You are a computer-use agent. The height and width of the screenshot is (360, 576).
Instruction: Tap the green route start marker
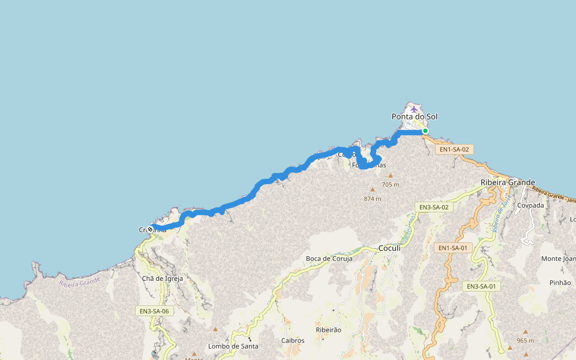coord(425,131)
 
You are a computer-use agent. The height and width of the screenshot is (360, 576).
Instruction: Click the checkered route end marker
coord(150,229)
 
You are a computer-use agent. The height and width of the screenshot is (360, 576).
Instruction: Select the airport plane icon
coord(414,109)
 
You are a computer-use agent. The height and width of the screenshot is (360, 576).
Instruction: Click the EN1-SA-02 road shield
coord(454,149)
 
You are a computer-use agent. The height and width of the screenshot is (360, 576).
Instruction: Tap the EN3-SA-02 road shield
coord(433,207)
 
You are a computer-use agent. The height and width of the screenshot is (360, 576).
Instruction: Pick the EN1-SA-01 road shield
coord(452,248)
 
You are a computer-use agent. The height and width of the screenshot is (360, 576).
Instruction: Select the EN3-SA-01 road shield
coord(482,286)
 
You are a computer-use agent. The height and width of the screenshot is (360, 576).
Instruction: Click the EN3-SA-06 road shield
coord(154,311)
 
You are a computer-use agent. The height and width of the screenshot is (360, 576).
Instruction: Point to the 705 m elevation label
coord(390,185)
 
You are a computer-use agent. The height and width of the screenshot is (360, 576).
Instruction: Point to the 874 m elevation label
coord(372,199)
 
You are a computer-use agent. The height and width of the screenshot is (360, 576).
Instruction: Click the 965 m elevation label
coord(525,341)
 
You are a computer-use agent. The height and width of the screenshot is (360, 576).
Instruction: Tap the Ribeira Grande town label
coord(508,182)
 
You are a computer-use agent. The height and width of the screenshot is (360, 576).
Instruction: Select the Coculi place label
coord(389,248)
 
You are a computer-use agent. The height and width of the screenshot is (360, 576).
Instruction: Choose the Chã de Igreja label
coord(162,278)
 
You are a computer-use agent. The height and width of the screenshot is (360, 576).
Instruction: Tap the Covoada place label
coord(530,205)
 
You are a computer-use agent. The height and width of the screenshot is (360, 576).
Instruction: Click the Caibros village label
coord(293,340)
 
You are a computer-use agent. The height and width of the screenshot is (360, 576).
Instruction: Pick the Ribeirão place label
coord(328,330)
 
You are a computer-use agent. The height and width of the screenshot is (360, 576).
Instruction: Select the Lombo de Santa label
coord(233,346)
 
